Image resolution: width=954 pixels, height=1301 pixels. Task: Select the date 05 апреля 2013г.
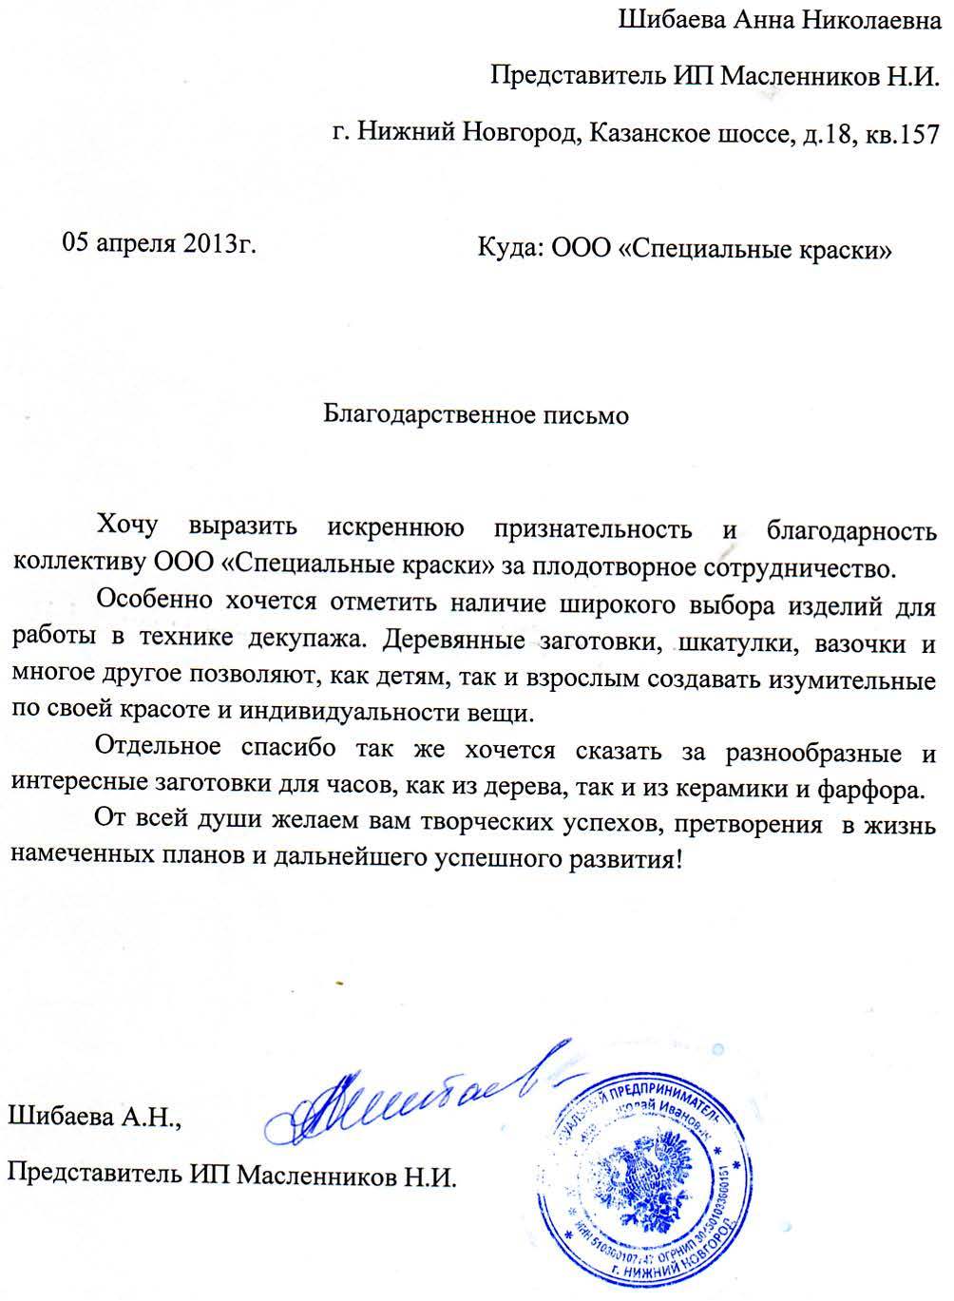(x=160, y=243)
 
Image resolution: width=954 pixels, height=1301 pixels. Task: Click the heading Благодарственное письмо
(x=476, y=415)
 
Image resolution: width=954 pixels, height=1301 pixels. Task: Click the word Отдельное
(x=159, y=749)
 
